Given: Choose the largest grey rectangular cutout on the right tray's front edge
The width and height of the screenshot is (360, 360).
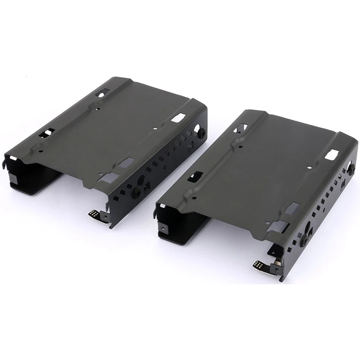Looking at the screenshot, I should (x=294, y=207).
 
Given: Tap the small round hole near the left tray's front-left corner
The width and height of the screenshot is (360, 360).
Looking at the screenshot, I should (x=40, y=150).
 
